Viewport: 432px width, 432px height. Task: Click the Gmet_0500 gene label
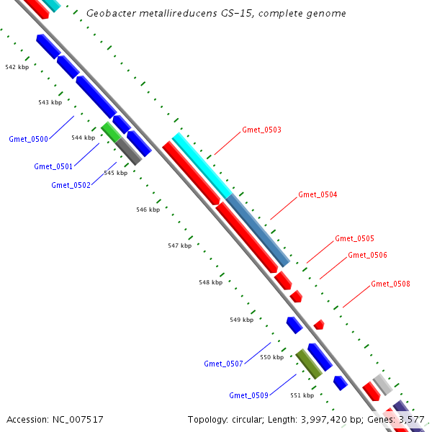(28, 139)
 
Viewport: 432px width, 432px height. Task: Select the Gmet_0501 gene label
(53, 166)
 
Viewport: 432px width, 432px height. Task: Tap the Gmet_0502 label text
(71, 185)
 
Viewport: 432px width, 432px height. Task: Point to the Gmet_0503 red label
(261, 130)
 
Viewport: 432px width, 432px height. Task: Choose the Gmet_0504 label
(318, 195)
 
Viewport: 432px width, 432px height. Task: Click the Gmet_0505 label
(354, 238)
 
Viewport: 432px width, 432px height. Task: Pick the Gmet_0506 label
(367, 255)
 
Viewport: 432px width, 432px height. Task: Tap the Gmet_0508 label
(390, 284)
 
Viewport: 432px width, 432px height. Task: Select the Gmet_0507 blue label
(223, 364)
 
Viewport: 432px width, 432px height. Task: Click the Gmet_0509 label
(248, 395)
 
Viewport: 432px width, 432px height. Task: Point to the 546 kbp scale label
(148, 210)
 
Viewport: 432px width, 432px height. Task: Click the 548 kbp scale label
(210, 282)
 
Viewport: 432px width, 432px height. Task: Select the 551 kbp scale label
(302, 395)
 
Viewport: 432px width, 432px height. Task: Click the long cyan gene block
(202, 165)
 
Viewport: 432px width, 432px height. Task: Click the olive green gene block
(309, 364)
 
